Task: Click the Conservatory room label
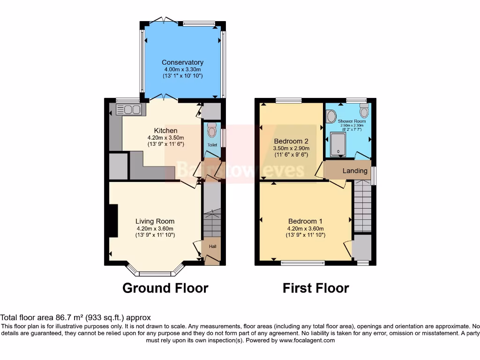(182, 62)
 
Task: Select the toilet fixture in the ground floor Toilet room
(212, 129)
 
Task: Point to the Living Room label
(155, 221)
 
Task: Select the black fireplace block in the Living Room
(113, 221)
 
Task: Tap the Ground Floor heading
(165, 288)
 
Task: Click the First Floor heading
(315, 288)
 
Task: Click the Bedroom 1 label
(306, 221)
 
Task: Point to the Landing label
(355, 171)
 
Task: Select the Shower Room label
(352, 121)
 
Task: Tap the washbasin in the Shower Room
(331, 116)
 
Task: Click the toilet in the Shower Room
(364, 112)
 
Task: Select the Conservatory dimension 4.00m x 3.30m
(182, 69)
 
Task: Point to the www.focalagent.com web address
(308, 340)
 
